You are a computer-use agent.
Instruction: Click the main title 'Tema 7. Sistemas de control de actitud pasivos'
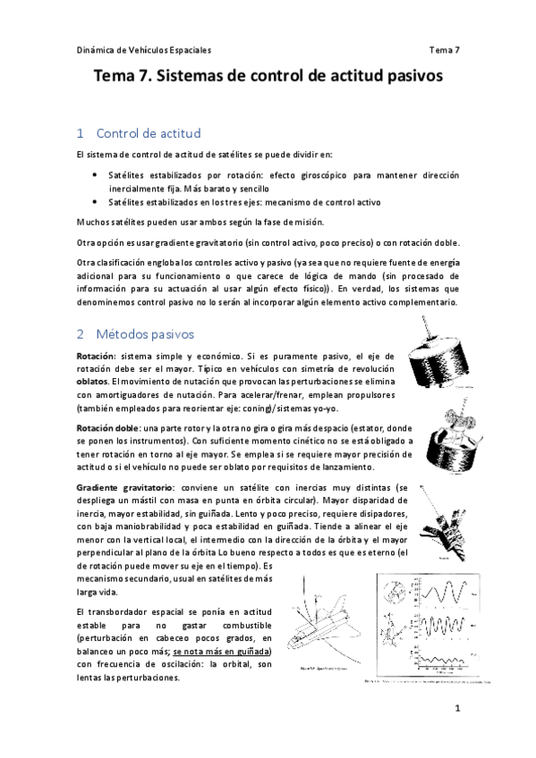[x=268, y=78]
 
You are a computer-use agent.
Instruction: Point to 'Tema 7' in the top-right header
[x=444, y=50]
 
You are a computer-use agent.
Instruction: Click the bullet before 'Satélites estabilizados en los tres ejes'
[x=96, y=202]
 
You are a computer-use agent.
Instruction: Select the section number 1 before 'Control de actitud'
[x=81, y=134]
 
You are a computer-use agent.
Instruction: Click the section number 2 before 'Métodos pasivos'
[x=81, y=334]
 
